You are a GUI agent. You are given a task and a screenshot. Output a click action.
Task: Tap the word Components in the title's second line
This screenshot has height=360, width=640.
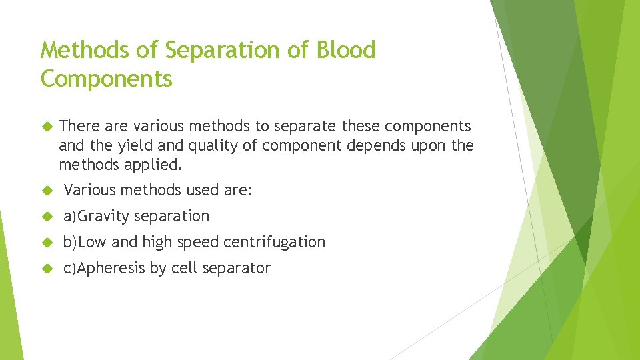107,79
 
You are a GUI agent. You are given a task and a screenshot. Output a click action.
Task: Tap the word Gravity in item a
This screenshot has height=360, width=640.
104,216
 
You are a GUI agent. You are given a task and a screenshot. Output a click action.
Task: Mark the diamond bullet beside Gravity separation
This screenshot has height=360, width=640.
47,217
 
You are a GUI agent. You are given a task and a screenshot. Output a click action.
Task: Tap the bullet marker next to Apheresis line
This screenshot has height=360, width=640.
47,269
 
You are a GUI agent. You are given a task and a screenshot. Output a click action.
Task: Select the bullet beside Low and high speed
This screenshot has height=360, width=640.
47,243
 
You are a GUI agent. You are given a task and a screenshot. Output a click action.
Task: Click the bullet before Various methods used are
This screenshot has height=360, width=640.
47,191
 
